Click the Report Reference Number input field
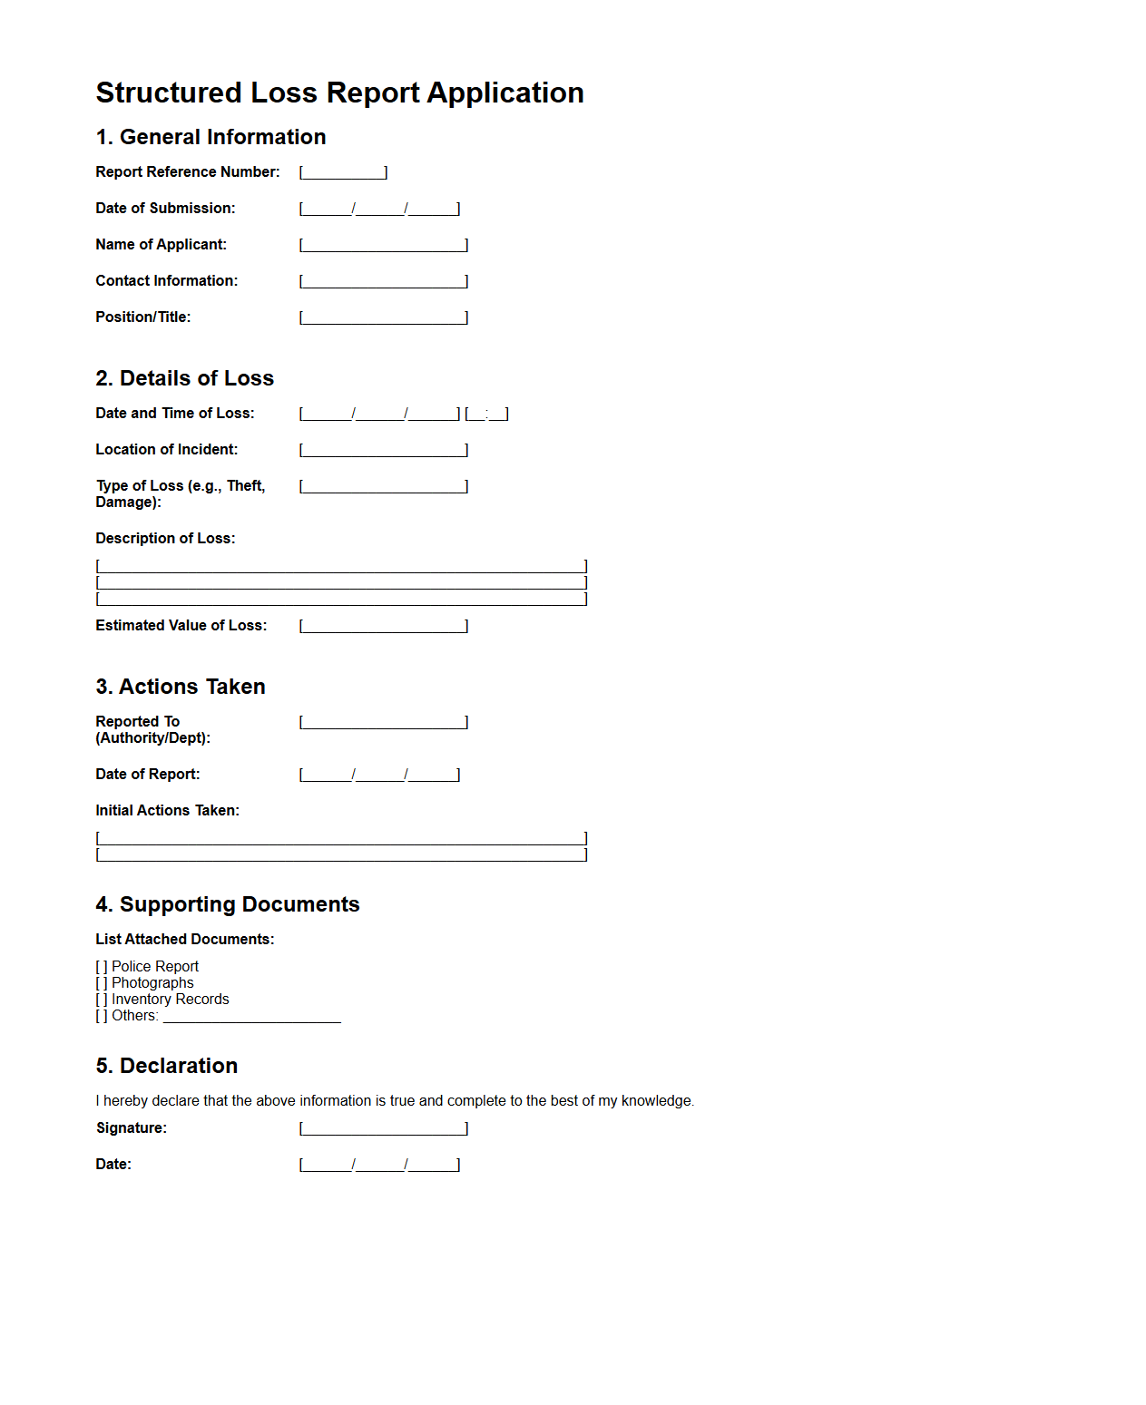point(343,172)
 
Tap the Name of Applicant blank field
point(383,245)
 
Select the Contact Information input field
point(383,281)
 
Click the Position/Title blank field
point(383,317)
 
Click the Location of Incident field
point(383,450)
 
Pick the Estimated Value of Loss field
point(383,626)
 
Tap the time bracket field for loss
point(486,414)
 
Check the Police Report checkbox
point(102,967)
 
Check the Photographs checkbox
point(102,983)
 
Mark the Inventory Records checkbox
point(102,1000)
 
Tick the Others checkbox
point(102,1016)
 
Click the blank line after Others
point(251,1017)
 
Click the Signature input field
point(383,1128)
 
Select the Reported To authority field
point(383,722)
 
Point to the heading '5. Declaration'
point(167,1066)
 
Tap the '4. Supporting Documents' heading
point(228,904)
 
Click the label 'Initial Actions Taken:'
point(168,811)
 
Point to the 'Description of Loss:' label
point(165,539)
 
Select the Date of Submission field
point(379,209)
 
